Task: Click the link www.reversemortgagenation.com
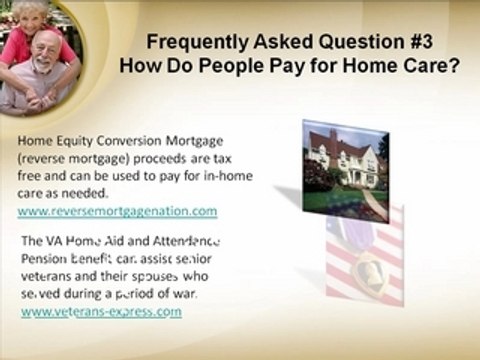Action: coord(117,211)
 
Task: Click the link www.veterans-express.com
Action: coord(101,311)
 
